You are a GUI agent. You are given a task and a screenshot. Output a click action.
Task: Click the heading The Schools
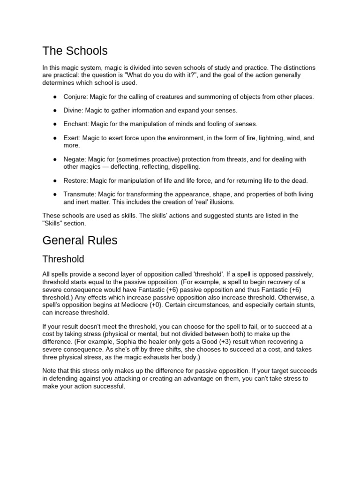75,51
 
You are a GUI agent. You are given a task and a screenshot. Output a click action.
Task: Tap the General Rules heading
80,240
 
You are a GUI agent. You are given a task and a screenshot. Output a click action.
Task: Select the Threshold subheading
63,259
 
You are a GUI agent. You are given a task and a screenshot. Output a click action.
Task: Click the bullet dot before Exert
55,138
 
